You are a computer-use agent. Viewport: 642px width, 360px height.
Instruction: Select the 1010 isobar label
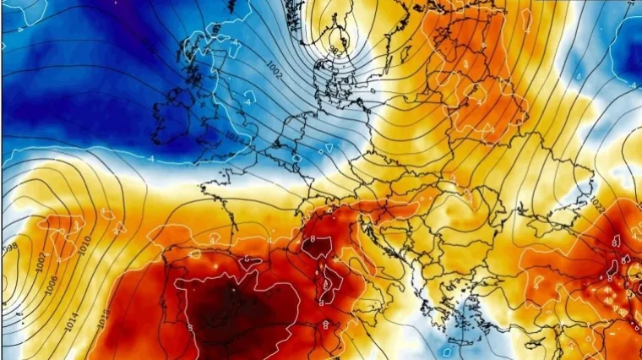coord(82,245)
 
